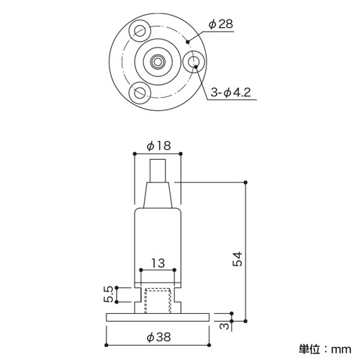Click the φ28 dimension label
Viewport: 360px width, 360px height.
pyautogui.click(x=220, y=24)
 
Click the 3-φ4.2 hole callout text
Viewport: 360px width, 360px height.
pyautogui.click(x=230, y=92)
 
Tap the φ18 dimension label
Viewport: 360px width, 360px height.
pyautogui.click(x=158, y=145)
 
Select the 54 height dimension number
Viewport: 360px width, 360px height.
pyautogui.click(x=238, y=259)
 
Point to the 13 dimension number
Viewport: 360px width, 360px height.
pyautogui.click(x=158, y=263)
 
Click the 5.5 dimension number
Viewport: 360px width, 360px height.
pyautogui.click(x=108, y=294)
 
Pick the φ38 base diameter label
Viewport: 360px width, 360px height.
pyautogui.click(x=158, y=337)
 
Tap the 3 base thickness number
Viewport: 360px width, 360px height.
pyautogui.click(x=224, y=326)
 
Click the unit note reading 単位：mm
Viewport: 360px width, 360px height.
pyautogui.click(x=325, y=349)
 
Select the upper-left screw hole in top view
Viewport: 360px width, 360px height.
pyautogui.click(x=140, y=30)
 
